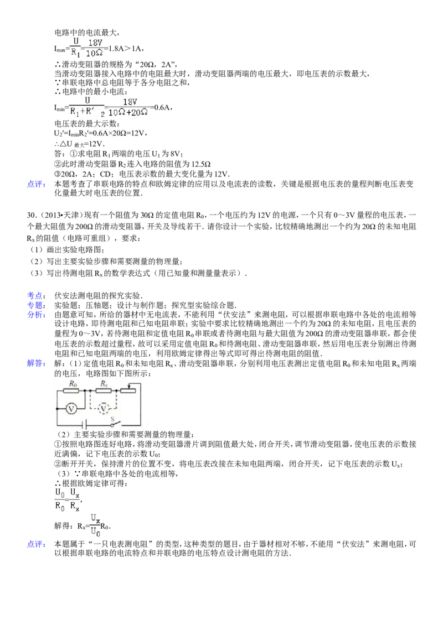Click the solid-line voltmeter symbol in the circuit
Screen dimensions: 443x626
pos(71,409)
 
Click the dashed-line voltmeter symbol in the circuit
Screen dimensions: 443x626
pos(104,409)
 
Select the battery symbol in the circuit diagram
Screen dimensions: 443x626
pos(84,425)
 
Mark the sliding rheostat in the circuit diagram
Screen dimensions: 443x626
pos(128,389)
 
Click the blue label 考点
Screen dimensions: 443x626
pos(35,296)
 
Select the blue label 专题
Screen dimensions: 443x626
pos(35,305)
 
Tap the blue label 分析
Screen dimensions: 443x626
pos(35,315)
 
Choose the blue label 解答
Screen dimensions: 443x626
pos(35,363)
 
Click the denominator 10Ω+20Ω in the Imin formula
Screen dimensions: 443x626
pos(128,113)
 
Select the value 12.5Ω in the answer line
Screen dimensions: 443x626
pos(202,164)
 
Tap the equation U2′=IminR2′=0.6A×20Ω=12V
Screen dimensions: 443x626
pos(101,134)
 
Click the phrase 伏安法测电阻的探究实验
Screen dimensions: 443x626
pos(99,296)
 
